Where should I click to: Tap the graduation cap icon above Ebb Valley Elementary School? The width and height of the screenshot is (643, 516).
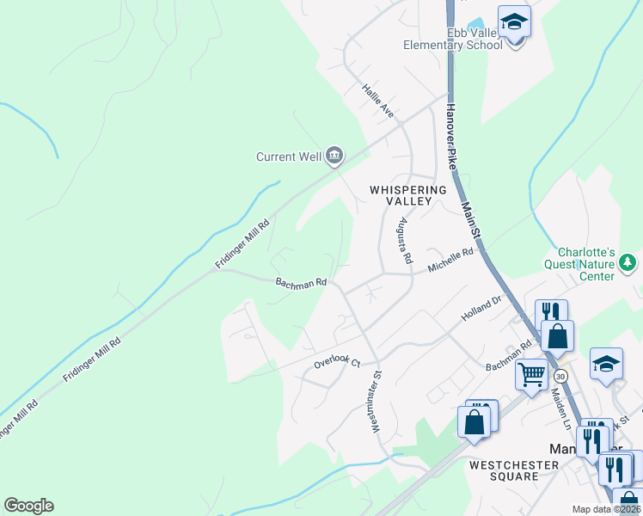pos(514,22)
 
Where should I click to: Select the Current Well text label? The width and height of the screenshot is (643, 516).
pos(288,157)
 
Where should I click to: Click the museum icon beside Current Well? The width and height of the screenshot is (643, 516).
pos(334,156)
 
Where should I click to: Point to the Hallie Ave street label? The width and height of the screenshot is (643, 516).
pos(377,101)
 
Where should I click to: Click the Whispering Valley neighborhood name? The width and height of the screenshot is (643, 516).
pos(408,194)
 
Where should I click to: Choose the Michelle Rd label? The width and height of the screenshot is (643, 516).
pos(451,261)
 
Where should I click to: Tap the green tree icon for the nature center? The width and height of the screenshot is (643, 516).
pos(628,261)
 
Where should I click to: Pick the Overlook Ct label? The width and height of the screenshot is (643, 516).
pos(335,363)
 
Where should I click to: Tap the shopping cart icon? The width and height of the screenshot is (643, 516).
pos(532,374)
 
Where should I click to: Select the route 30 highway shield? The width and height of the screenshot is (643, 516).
pos(560,376)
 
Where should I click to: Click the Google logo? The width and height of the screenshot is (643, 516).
pos(28,506)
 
